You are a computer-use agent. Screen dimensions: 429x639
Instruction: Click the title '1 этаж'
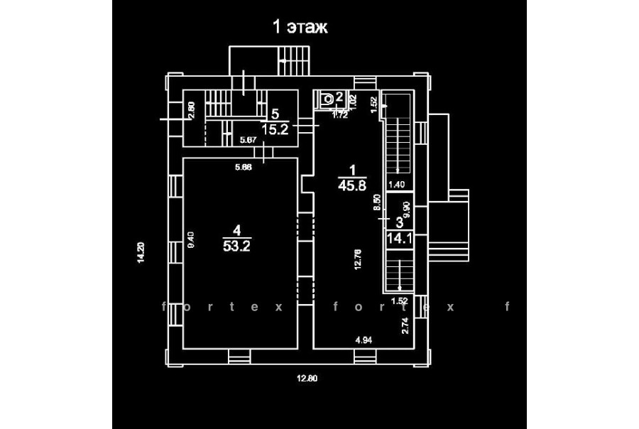coord(300,28)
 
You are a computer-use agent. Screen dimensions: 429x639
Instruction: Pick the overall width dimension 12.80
coord(306,378)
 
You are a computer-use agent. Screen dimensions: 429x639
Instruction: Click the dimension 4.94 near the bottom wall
coord(364,341)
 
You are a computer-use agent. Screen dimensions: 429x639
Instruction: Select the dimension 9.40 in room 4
coord(190,239)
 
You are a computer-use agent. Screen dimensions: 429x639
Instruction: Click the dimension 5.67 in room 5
coord(248,140)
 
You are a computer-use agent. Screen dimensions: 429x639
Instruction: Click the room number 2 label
coord(339,97)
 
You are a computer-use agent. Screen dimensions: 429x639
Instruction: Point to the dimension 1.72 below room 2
coord(340,114)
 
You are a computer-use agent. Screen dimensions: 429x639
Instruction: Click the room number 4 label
coord(237,229)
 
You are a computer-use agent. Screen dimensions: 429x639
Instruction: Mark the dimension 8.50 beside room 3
coord(377,205)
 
